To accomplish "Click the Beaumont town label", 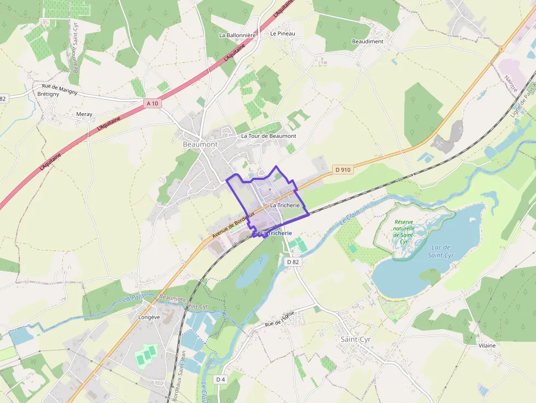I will coord(200,144).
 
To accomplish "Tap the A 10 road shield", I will coord(153,103).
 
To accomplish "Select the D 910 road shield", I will coord(343,170).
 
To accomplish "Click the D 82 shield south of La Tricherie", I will coord(293,262).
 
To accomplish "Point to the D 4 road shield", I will coord(220,379).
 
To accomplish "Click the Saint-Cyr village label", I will coord(356,339).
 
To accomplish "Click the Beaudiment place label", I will coord(368,42).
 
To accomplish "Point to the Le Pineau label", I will coord(282,33).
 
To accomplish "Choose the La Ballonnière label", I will coord(237,35).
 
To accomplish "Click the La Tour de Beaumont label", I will coord(269,136).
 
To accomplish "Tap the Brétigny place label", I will coord(48,94).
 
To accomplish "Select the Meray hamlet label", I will coord(84,114).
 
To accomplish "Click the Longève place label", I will coord(149,317).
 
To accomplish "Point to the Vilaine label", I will coord(487,346).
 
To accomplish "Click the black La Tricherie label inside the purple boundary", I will coord(285,205).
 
